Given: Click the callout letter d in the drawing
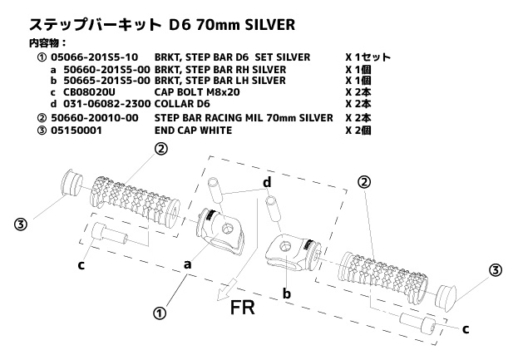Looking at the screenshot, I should (x=267, y=182).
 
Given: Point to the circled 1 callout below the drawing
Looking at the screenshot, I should (x=160, y=313).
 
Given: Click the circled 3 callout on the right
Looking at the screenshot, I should (x=495, y=270).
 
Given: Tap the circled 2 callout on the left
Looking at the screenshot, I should (x=160, y=149).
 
